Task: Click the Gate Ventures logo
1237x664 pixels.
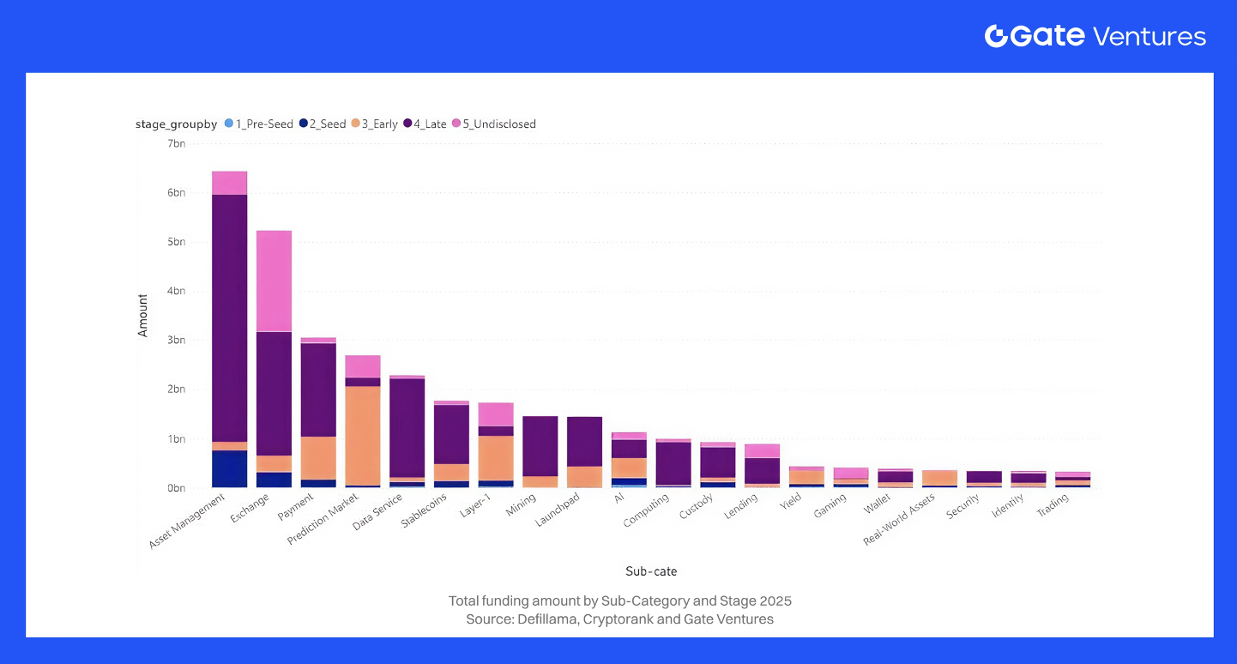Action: click(x=1095, y=36)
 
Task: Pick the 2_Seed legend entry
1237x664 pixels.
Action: click(x=322, y=124)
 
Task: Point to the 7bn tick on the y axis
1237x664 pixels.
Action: click(x=175, y=143)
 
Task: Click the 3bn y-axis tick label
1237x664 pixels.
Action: click(x=175, y=340)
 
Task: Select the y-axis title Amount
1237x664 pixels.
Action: click(x=143, y=316)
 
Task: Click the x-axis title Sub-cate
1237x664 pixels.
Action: click(x=651, y=571)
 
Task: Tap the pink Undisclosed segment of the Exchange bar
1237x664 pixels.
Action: click(x=274, y=281)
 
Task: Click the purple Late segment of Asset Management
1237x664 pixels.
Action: click(x=229, y=317)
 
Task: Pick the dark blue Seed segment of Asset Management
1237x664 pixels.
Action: click(x=229, y=468)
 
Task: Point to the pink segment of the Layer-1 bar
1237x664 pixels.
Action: click(x=495, y=414)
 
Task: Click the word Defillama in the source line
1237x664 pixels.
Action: click(x=546, y=619)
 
